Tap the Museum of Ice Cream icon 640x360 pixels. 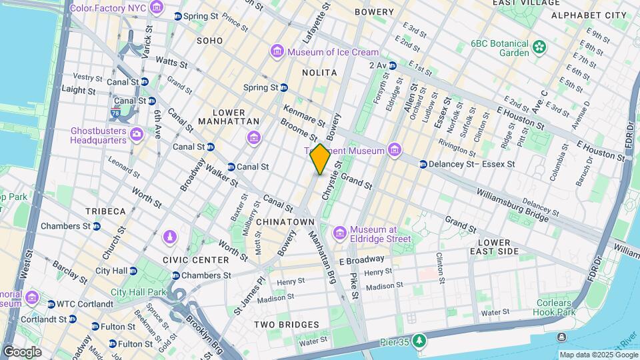point(277,52)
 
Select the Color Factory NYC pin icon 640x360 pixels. point(157,8)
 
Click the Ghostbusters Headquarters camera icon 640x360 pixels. point(137,135)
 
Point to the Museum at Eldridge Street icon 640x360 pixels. point(340,232)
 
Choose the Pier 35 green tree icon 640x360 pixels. point(419,341)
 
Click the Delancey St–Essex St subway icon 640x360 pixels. point(423,164)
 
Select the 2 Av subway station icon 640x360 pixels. point(393,65)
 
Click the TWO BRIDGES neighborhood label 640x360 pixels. point(286,325)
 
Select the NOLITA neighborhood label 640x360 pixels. point(319,72)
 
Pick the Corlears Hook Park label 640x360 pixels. point(555,307)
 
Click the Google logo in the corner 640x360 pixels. point(22,352)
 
